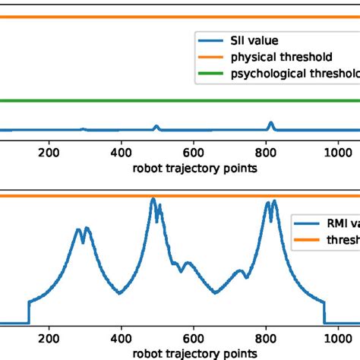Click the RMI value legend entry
click(327, 224)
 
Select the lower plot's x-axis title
click(193, 353)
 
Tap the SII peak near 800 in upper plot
click(271, 123)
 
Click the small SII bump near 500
click(156, 126)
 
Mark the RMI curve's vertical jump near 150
click(29, 311)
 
